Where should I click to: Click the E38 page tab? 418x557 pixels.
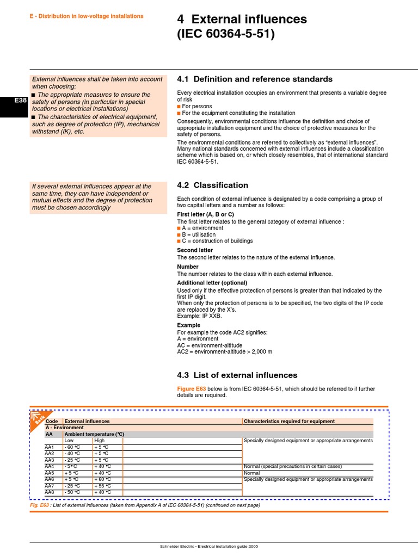13,100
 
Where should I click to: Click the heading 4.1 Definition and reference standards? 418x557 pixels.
255,79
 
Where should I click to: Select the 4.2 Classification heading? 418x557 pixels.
213,185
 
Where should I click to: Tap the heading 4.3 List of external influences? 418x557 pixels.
237,375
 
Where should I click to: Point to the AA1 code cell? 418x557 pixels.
50,447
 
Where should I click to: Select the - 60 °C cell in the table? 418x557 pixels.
73,447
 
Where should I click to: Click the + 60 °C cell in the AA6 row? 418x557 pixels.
102,479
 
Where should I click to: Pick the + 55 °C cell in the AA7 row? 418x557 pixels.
102,486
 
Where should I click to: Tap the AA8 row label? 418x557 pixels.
50,492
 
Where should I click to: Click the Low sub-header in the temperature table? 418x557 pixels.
69,441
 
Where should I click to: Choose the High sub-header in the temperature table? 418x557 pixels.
100,441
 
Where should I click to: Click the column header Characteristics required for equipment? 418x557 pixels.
289,421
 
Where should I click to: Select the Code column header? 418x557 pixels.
52,421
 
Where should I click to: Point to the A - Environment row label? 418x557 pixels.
64,428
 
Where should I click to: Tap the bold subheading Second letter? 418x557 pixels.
195,250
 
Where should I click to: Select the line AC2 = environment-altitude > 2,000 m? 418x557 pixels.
224,351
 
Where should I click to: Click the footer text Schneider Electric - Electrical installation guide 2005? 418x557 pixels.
208,546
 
